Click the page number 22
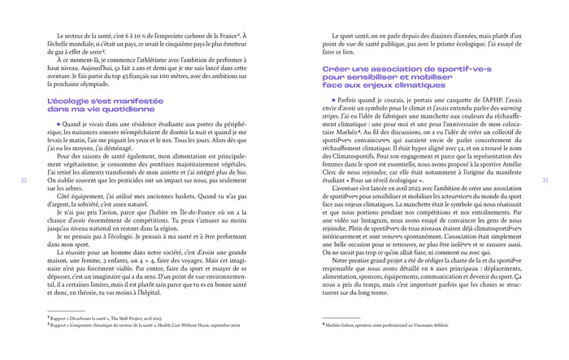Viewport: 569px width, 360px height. (x=24, y=180)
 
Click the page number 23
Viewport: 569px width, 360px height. (x=545, y=180)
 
